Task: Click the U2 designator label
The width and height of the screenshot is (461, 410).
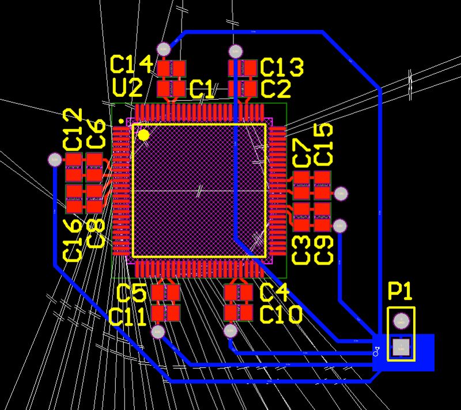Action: click(x=127, y=88)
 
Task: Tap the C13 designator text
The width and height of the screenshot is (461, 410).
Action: click(x=282, y=67)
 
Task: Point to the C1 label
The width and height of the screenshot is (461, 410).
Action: click(x=202, y=89)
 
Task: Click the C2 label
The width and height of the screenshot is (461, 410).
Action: click(x=275, y=89)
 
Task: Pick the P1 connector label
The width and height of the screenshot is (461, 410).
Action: click(x=400, y=292)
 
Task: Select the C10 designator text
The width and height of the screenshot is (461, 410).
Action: click(x=281, y=315)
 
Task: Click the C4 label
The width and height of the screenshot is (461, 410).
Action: click(x=274, y=293)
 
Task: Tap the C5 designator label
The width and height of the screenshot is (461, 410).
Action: click(x=131, y=293)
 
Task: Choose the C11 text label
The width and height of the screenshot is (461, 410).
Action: click(x=128, y=317)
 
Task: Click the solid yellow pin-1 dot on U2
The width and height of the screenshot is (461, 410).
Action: click(x=143, y=135)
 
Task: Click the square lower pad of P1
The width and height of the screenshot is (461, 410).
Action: click(x=401, y=347)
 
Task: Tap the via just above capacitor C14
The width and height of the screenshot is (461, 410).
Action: click(x=164, y=49)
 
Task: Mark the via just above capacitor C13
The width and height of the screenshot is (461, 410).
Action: click(x=235, y=51)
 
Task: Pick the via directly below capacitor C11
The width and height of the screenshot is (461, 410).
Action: click(x=158, y=332)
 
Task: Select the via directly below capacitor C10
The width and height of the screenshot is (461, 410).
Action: click(x=231, y=331)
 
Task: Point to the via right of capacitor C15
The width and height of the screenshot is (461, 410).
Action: click(x=341, y=194)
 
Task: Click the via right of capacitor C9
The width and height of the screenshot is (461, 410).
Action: click(x=341, y=225)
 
